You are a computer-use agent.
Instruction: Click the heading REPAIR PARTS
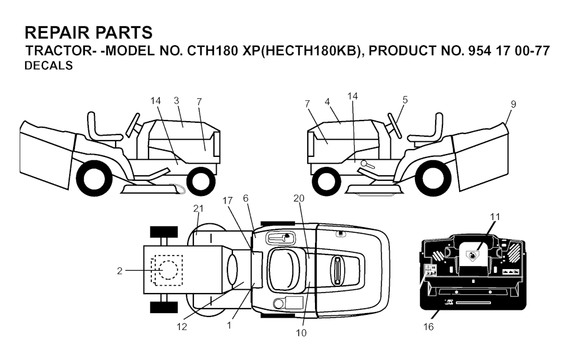(x=89, y=32)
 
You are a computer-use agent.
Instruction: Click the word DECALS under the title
(x=49, y=66)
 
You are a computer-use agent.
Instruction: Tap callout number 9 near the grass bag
(x=513, y=104)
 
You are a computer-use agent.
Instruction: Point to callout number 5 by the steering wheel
(x=405, y=100)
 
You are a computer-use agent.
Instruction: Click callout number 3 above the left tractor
(x=177, y=100)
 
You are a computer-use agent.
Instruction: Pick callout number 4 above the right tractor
(x=327, y=102)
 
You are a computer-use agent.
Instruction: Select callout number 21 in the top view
(x=198, y=208)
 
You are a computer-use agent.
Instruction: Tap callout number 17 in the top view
(x=227, y=201)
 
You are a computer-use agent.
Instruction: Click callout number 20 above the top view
(x=299, y=198)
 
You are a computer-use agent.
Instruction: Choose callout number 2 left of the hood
(x=120, y=271)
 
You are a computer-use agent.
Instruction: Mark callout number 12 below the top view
(x=182, y=327)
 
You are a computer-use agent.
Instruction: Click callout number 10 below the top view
(x=301, y=333)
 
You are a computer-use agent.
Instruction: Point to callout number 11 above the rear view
(x=495, y=217)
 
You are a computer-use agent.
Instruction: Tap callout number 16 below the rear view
(x=428, y=327)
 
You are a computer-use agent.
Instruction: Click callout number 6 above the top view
(x=246, y=198)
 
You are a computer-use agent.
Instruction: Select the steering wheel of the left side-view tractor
(x=133, y=126)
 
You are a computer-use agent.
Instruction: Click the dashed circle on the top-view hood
(x=168, y=270)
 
